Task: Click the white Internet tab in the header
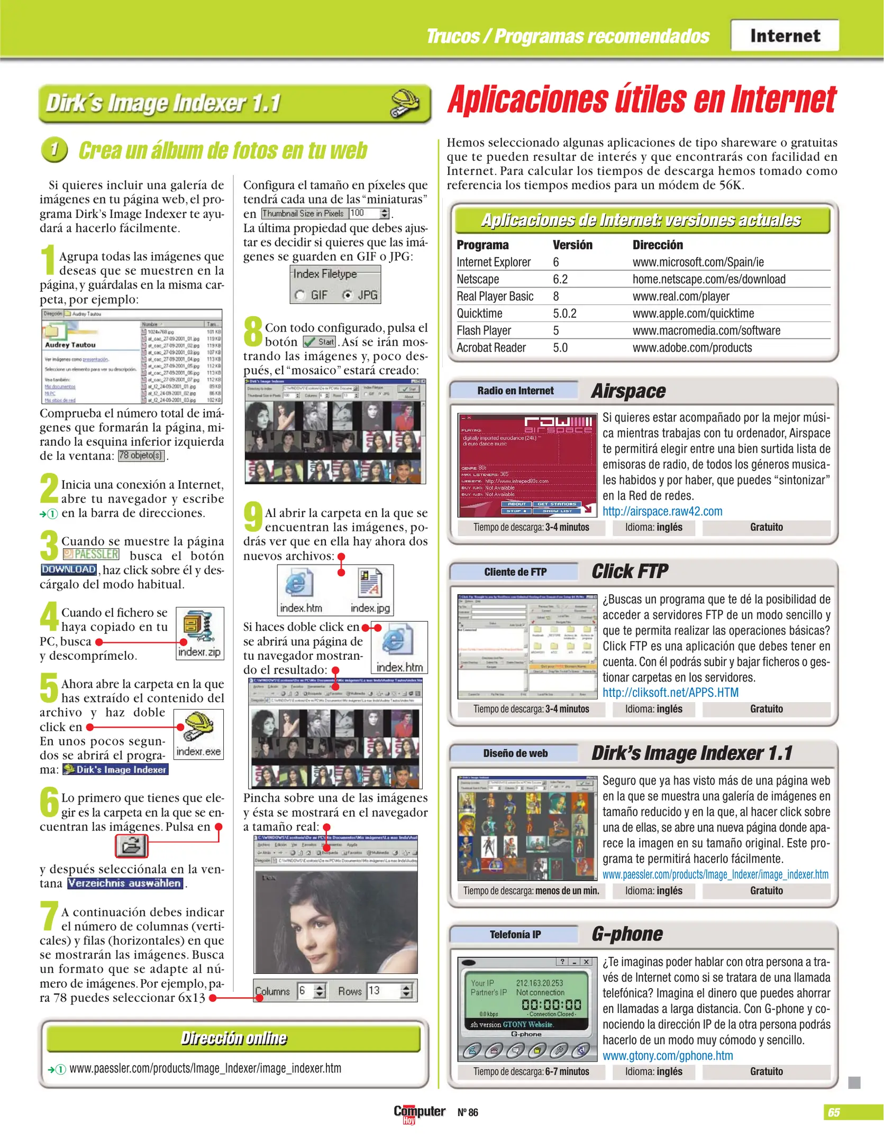point(785,35)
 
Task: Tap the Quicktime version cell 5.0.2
point(564,314)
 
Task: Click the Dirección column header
point(657,245)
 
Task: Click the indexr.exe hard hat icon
point(198,726)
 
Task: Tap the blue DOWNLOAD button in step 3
point(69,569)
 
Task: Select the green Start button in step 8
point(320,342)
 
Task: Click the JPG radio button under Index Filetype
point(348,295)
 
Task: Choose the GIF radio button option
point(300,295)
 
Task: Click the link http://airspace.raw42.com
point(662,511)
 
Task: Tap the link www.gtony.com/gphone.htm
point(667,1055)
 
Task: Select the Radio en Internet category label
point(515,391)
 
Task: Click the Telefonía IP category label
point(515,934)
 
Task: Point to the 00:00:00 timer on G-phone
point(551,1005)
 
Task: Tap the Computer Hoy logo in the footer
point(419,1113)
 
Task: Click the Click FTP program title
point(629,572)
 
